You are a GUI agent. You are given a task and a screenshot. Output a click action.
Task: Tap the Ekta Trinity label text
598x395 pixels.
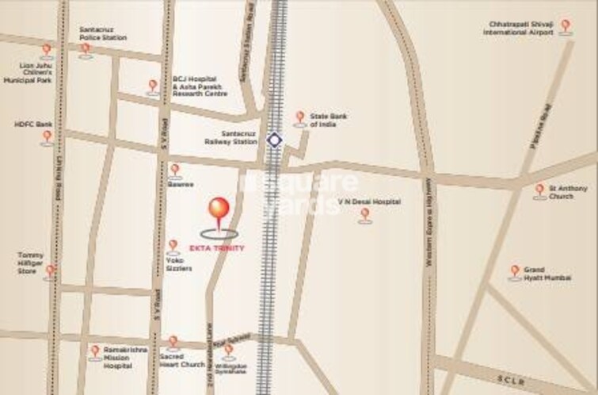coord(223,248)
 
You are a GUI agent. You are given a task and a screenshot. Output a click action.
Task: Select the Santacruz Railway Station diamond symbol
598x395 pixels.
coord(274,140)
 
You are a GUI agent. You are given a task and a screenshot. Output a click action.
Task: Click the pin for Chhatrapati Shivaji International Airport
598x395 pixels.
coord(565,25)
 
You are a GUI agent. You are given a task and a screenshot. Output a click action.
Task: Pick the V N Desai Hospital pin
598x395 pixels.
coord(364,213)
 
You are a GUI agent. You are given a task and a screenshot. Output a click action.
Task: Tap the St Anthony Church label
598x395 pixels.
coord(568,191)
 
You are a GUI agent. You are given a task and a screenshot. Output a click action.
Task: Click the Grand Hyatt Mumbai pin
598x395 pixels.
coord(515,271)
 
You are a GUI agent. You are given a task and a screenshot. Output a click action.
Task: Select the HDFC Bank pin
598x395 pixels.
coord(48,136)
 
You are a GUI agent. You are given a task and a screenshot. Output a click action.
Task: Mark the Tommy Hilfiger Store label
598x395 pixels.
coord(31,263)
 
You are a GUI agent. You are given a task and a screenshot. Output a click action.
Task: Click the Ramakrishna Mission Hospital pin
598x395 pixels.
coord(95,351)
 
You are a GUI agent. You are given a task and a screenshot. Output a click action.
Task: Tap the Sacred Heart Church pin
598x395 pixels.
coord(173,342)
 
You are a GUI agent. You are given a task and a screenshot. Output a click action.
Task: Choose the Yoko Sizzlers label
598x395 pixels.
coord(179,265)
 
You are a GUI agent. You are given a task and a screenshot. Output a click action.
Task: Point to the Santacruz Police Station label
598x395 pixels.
coord(102,33)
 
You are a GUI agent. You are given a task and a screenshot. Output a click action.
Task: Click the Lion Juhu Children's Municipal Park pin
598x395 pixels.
coord(47,50)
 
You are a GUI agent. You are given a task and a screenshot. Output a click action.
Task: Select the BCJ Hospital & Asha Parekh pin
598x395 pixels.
coord(153,86)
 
